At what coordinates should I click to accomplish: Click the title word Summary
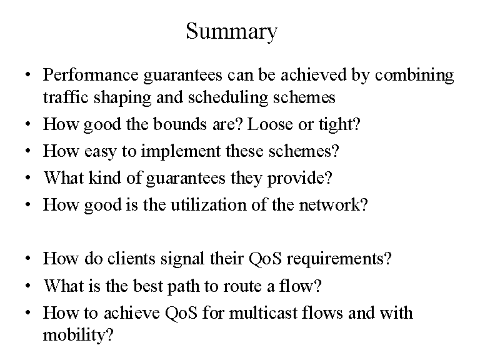coord(232,32)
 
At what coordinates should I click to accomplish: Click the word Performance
coord(91,75)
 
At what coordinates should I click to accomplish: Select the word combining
coord(414,76)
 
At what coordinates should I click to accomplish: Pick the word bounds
coord(180,124)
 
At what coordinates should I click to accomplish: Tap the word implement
coord(181,152)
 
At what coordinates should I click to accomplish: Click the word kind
coord(105,177)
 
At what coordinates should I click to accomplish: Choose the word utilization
coord(209,204)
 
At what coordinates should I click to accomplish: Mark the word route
coord(242,286)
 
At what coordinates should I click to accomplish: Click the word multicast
coord(263,313)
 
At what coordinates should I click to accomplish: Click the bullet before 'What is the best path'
coord(28,286)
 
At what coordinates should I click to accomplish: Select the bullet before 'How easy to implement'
coord(28,151)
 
